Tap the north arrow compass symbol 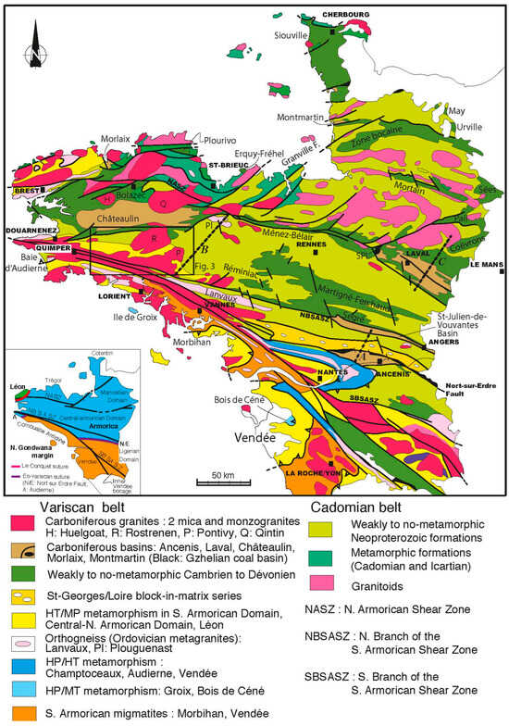tap(33, 46)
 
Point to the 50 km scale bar tap(219, 482)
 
